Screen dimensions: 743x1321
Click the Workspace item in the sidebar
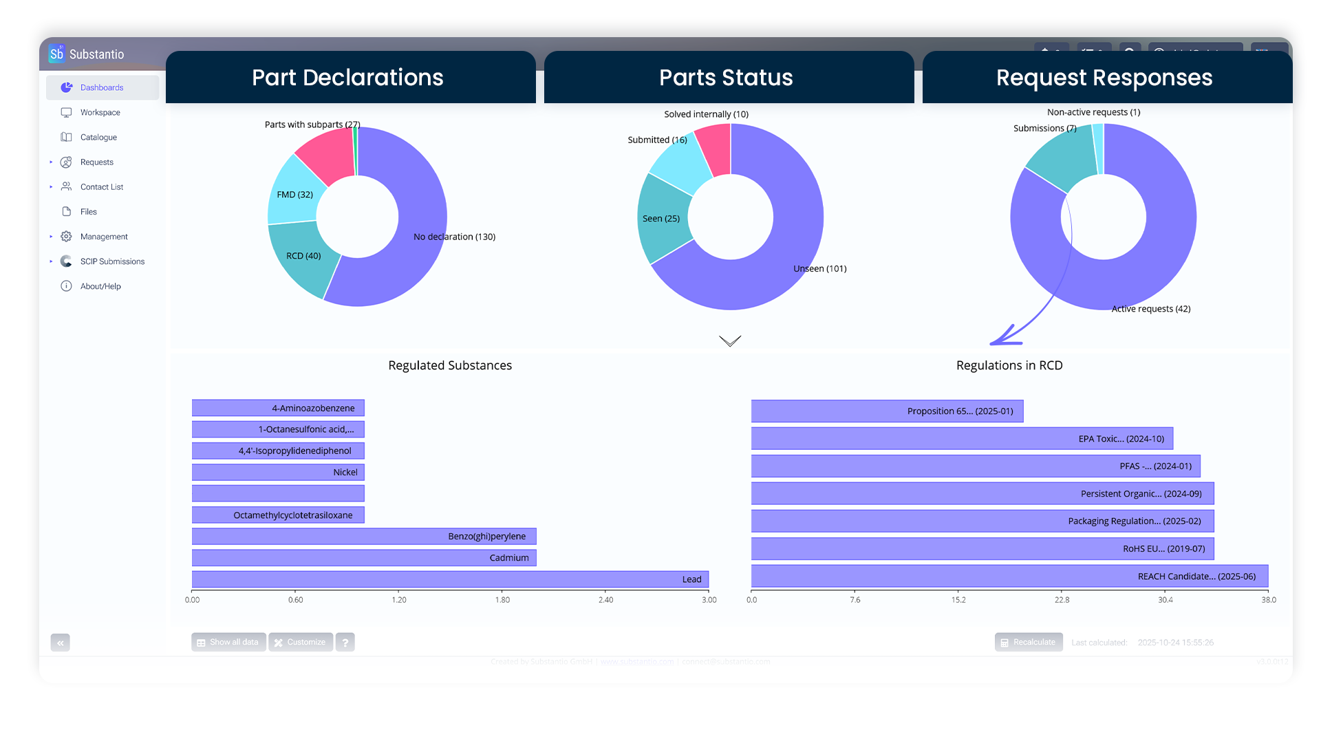click(x=100, y=112)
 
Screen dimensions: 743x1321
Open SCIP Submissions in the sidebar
click(x=112, y=261)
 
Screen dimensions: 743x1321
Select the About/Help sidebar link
click(x=100, y=286)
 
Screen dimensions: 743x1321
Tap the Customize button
click(x=300, y=642)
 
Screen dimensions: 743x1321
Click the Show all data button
click(x=228, y=642)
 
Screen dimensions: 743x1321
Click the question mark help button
click(x=345, y=642)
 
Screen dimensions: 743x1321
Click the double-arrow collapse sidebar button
click(x=61, y=643)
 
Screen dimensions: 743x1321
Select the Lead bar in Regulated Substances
click(x=450, y=579)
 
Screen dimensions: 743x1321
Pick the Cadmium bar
click(x=363, y=557)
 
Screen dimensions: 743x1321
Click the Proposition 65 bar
click(x=886, y=411)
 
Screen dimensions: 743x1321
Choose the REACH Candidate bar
click(x=1009, y=576)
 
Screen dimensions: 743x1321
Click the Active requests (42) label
click(x=1150, y=309)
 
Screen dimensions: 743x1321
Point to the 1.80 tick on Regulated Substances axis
click(x=502, y=600)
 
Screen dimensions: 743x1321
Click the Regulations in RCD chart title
click(x=1009, y=365)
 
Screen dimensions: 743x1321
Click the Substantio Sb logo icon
click(x=56, y=54)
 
